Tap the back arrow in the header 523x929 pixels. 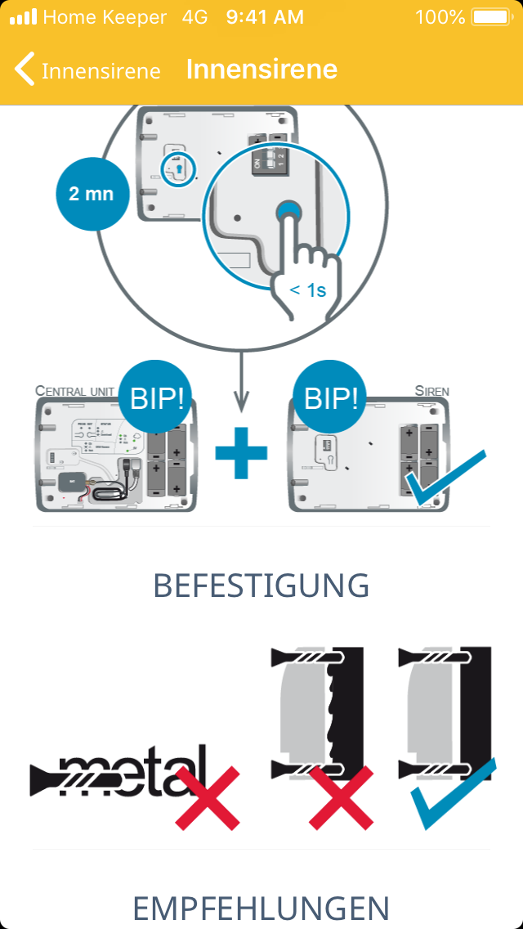pyautogui.click(x=25, y=70)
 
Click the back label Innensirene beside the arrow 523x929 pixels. pyautogui.click(x=101, y=71)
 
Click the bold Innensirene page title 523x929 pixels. pyautogui.click(x=261, y=70)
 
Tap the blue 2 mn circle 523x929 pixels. pyautogui.click(x=92, y=194)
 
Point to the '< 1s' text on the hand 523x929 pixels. pyautogui.click(x=308, y=289)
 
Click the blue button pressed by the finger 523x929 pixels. pyautogui.click(x=288, y=213)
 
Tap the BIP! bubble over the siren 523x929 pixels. pyautogui.click(x=330, y=399)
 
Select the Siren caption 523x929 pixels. pyautogui.click(x=431, y=390)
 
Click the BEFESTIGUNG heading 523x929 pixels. pyautogui.click(x=261, y=586)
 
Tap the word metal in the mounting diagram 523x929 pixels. pyautogui.click(x=131, y=771)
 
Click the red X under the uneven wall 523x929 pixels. pyautogui.click(x=341, y=797)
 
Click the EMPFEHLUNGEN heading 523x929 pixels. pyautogui.click(x=261, y=909)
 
